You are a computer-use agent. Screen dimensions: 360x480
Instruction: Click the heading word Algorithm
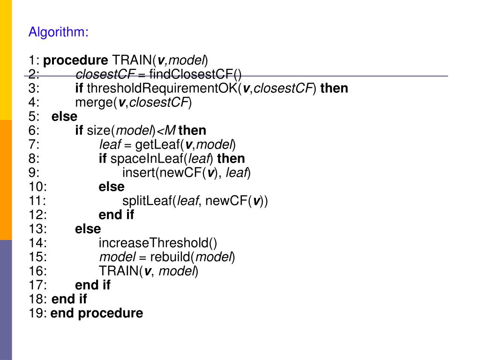[x=58, y=32]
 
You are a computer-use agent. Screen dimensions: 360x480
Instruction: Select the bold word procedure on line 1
[x=75, y=60]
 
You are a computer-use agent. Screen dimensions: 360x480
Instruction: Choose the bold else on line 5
[x=64, y=117]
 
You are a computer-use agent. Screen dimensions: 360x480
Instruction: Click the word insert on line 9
[x=139, y=173]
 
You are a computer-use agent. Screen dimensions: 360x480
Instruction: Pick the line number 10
[x=37, y=187]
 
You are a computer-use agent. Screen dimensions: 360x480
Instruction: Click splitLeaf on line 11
[x=147, y=201]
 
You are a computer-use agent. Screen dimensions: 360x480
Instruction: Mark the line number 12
[x=37, y=215]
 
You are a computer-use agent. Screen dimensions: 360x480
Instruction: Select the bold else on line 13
[x=88, y=229]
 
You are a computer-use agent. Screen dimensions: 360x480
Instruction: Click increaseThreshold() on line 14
[x=158, y=243]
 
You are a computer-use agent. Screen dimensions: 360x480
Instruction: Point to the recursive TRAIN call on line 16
[x=119, y=271]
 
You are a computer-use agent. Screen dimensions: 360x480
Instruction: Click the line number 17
[x=37, y=285]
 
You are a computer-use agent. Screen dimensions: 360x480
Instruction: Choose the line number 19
[x=37, y=314]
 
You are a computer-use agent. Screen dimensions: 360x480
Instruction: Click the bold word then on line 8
[x=231, y=159]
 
